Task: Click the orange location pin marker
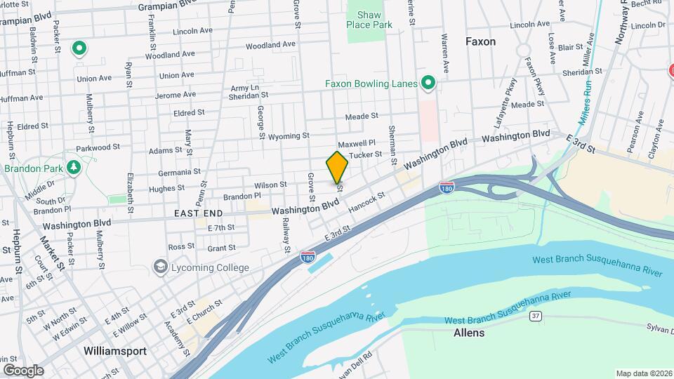pyautogui.click(x=337, y=167)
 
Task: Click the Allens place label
pyautogui.click(x=469, y=333)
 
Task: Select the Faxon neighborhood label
pyautogui.click(x=480, y=41)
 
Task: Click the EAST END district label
pyautogui.click(x=198, y=213)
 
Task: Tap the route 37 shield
pyautogui.click(x=535, y=317)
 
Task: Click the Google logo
pyautogui.click(x=22, y=370)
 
